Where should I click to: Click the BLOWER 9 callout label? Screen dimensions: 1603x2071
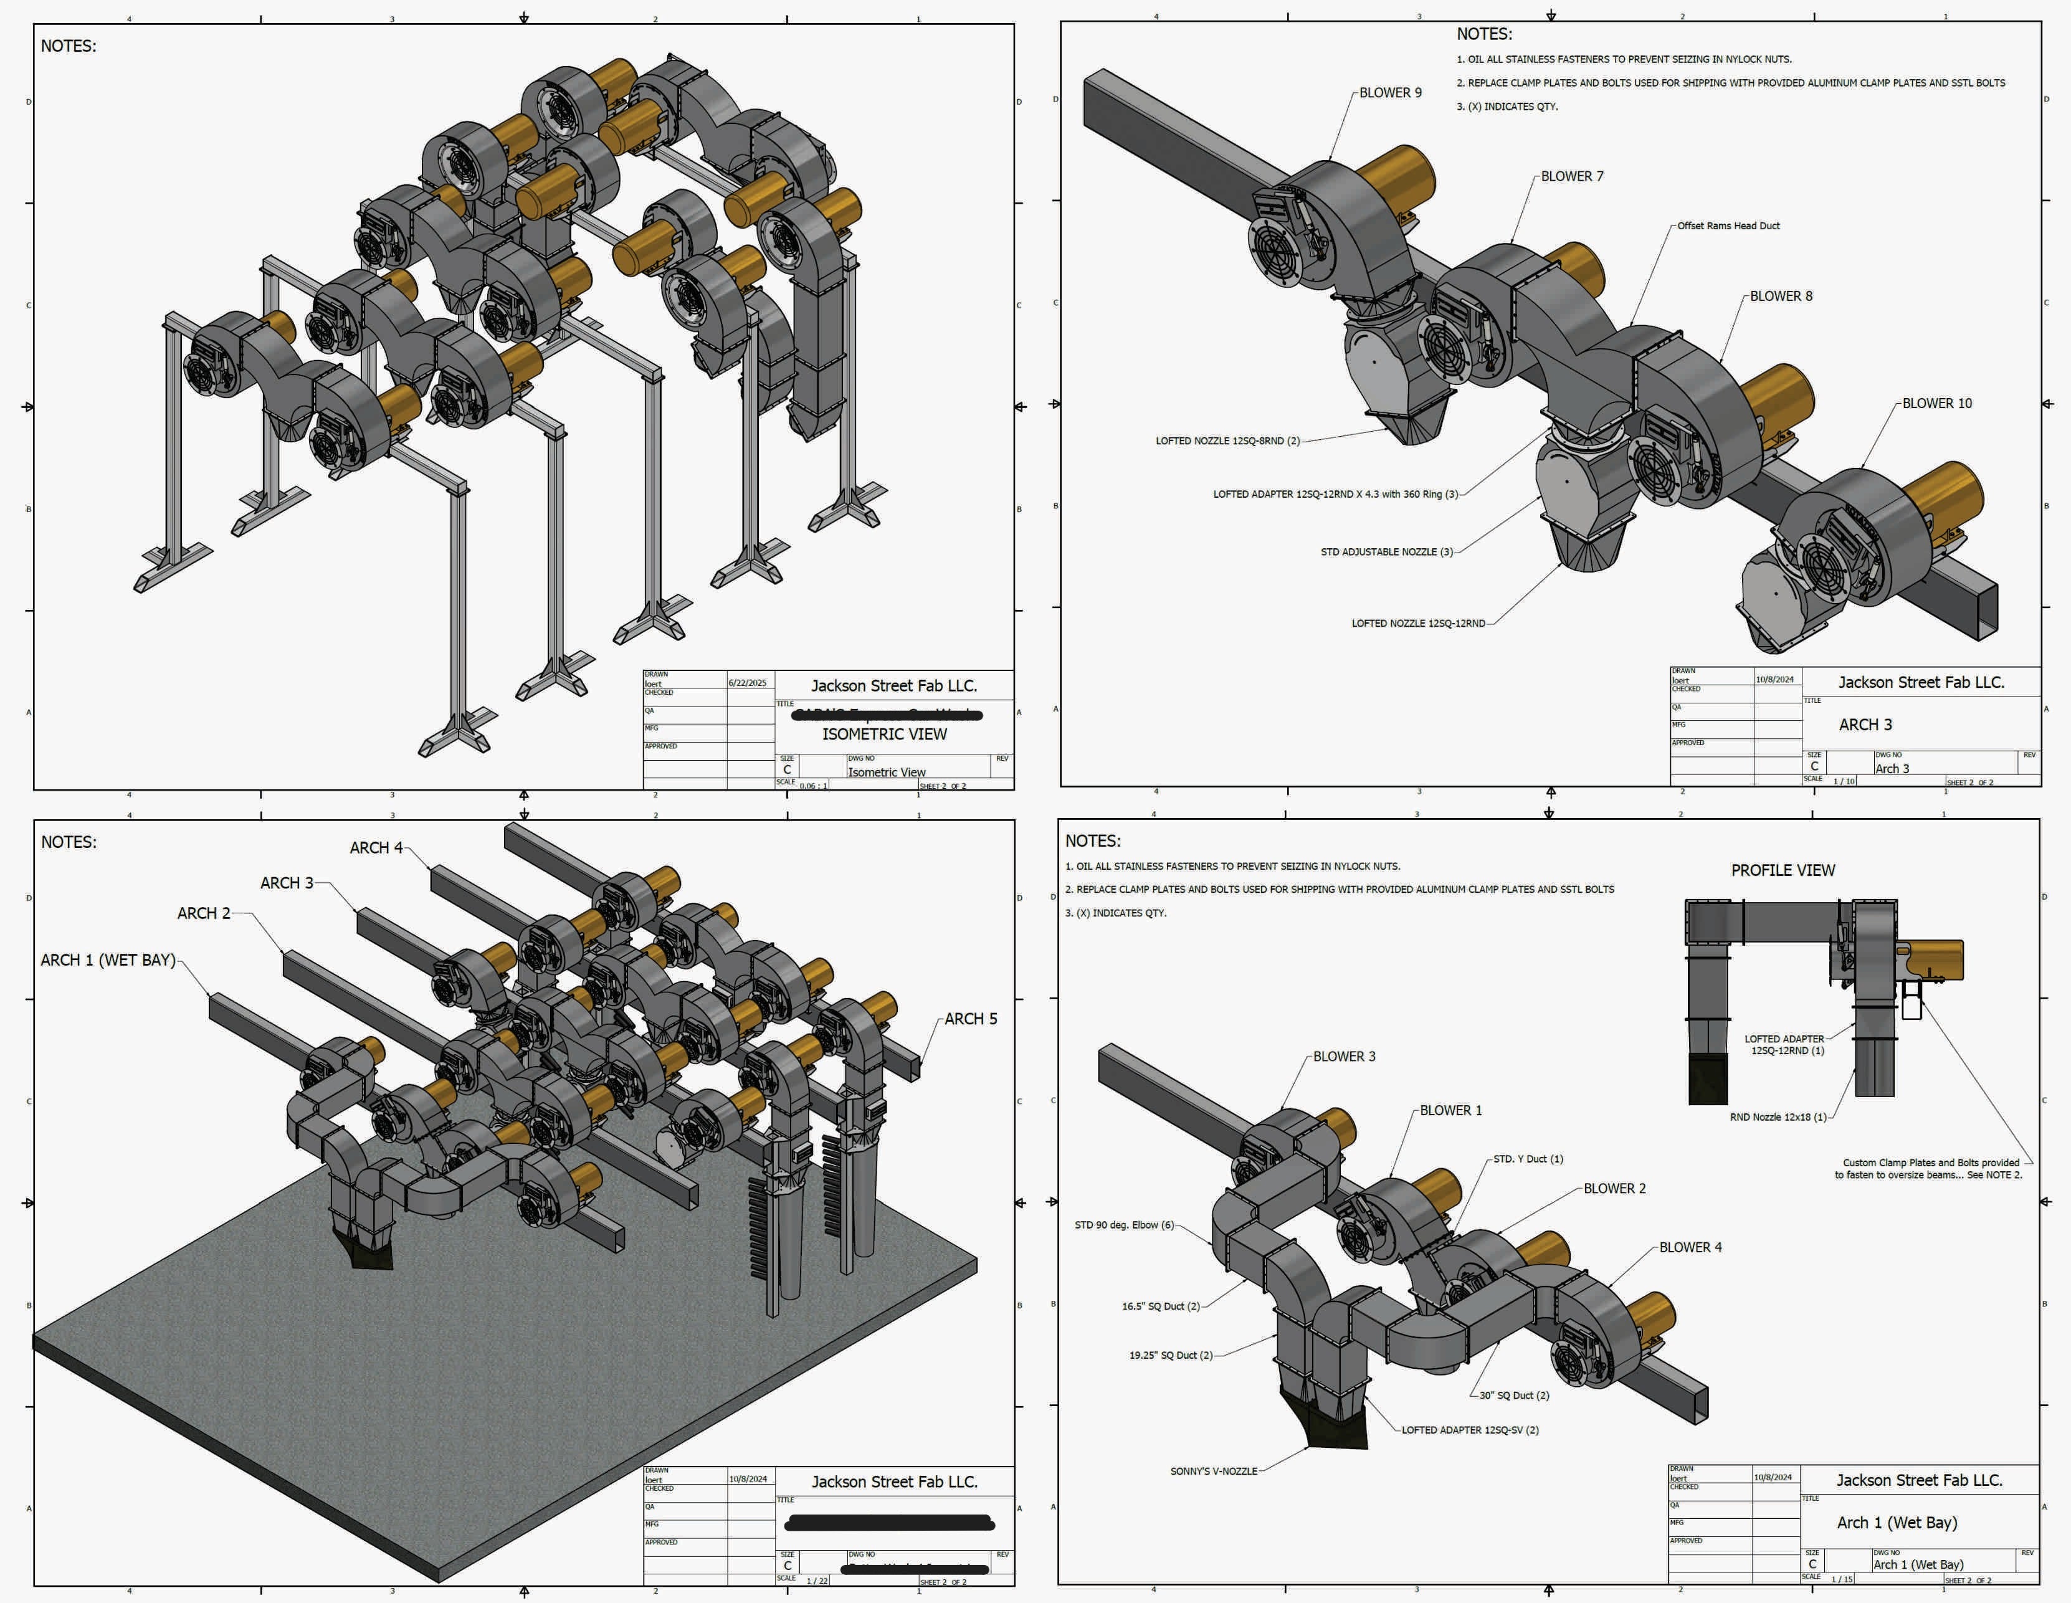[1390, 93]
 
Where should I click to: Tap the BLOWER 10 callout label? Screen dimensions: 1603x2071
[1936, 404]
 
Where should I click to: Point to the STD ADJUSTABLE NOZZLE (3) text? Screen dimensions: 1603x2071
[1386, 552]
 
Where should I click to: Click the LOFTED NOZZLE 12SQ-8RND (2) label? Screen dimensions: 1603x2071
[1227, 441]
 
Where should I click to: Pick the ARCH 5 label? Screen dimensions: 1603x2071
[970, 1019]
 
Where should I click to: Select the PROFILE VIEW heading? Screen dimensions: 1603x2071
[1783, 870]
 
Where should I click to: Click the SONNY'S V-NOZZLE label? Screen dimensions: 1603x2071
[1213, 1471]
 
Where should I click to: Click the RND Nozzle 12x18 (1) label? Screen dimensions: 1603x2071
[1777, 1118]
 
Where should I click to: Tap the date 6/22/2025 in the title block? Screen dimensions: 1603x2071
[747, 683]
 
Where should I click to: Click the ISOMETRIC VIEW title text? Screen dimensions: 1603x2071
[883, 735]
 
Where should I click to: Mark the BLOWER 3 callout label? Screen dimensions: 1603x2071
[1344, 1057]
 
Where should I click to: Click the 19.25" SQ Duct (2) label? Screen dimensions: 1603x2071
[1170, 1356]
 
